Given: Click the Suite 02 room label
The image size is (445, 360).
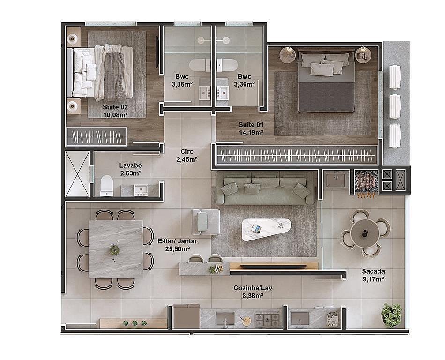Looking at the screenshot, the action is [x=115, y=107].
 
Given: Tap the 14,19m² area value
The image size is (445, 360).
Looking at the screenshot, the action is [x=251, y=132].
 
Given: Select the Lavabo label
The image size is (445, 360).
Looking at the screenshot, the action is [x=131, y=165].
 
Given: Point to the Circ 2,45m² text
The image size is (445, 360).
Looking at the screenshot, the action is [x=187, y=156].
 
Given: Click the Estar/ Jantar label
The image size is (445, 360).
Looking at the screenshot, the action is [x=178, y=241].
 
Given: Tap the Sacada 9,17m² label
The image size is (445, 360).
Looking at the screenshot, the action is [x=373, y=275].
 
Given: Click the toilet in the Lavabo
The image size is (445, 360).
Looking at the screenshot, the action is [x=107, y=186].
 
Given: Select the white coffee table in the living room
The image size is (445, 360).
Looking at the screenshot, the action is [x=266, y=229].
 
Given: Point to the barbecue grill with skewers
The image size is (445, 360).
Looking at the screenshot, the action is [x=366, y=183].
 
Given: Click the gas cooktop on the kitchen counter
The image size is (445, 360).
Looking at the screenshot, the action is [x=267, y=320].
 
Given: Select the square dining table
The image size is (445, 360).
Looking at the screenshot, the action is [x=116, y=249].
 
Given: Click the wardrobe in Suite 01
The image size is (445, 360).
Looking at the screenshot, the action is [x=297, y=155].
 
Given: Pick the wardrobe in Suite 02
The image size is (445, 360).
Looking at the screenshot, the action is [x=96, y=136].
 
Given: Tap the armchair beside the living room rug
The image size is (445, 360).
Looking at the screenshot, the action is [x=205, y=221].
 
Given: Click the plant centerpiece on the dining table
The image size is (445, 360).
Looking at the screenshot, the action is [x=114, y=250].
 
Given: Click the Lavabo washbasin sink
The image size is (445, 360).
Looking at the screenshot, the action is [x=141, y=190].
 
